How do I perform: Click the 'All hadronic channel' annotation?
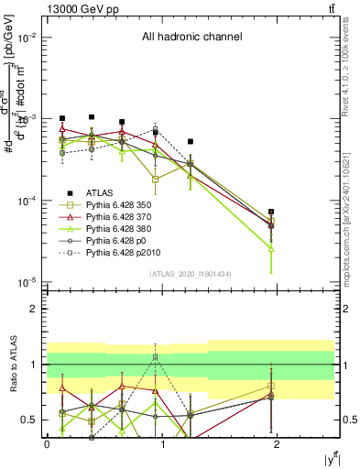tap(191, 38)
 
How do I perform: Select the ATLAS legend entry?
tap(95, 192)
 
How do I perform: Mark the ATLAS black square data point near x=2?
tap(271, 212)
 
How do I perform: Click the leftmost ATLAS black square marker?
tap(62, 118)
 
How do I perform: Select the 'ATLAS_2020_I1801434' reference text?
tap(191, 274)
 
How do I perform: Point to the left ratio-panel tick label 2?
tap(35, 309)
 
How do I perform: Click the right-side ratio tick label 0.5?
tap(348, 420)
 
